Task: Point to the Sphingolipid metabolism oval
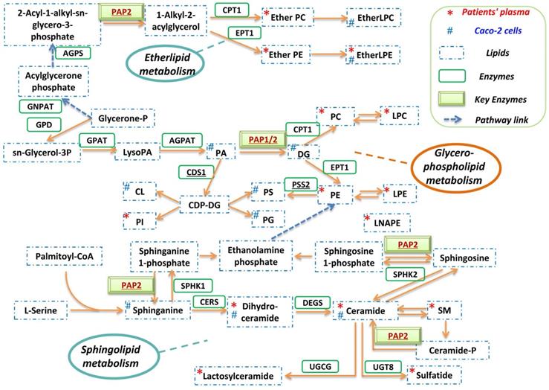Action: (x=108, y=355)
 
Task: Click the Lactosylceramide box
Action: (x=239, y=377)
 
